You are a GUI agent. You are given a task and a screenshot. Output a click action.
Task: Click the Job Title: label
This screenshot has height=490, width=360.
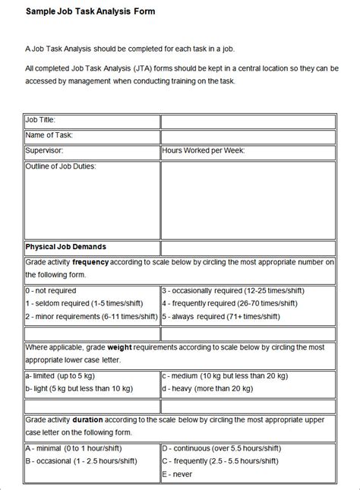click(40, 120)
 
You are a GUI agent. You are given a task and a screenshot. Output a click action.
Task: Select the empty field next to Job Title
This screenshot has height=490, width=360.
click(248, 121)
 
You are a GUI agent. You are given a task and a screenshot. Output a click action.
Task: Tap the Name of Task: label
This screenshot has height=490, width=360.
click(49, 135)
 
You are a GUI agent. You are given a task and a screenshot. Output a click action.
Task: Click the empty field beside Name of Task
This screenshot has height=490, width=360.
click(248, 136)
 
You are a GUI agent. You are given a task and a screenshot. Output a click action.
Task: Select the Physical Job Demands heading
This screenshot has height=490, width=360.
click(66, 247)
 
